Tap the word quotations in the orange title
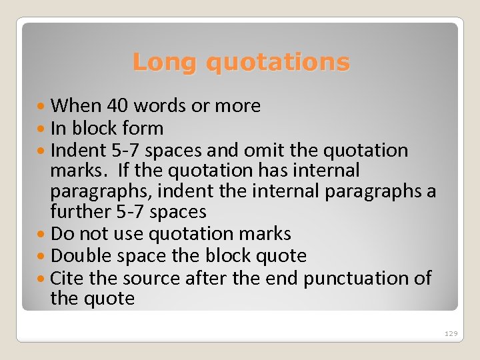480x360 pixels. point(277,62)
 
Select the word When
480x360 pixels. point(75,105)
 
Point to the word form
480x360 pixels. point(143,127)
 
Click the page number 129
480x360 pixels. point(451,333)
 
